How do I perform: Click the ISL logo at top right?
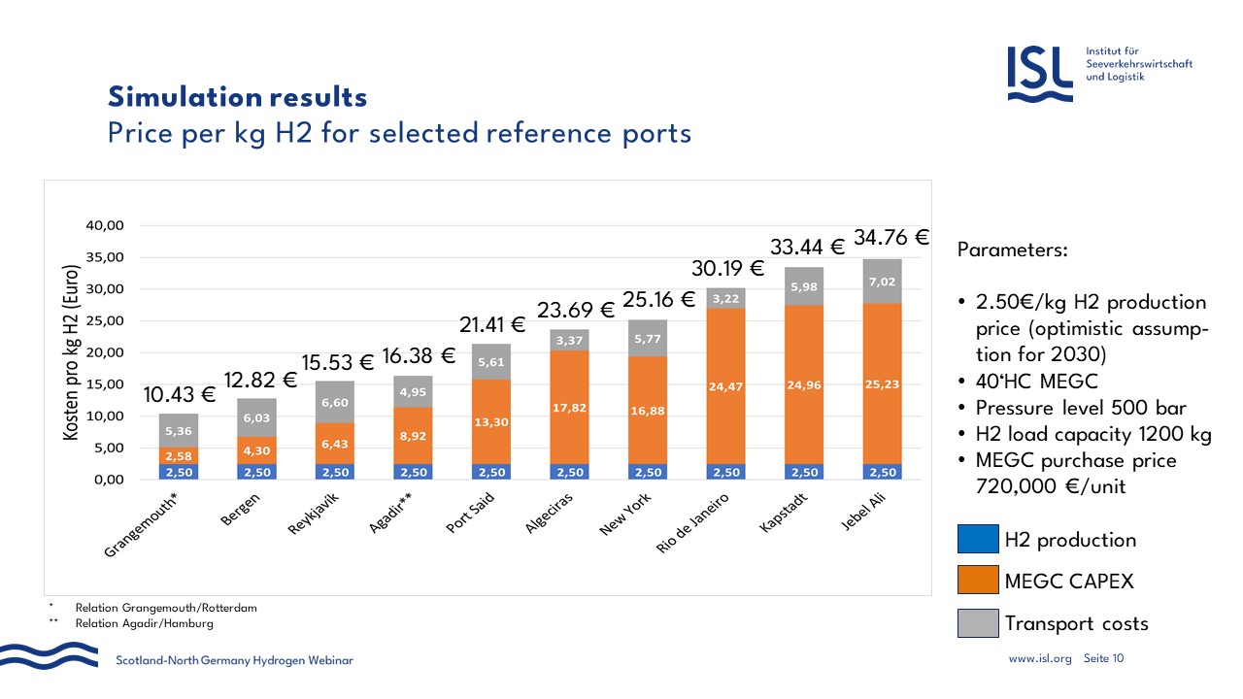(x=1040, y=75)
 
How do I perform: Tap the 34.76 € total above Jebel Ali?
(x=891, y=237)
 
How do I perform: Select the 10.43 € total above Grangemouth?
(x=180, y=394)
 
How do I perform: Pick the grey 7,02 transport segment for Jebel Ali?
(x=882, y=281)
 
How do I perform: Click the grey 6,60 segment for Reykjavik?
(x=336, y=402)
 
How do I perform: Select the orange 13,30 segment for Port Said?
(x=492, y=422)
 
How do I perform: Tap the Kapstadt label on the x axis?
(x=794, y=516)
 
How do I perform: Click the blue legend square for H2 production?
(x=976, y=540)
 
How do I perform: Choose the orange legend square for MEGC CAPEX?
(x=976, y=582)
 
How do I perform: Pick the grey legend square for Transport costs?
(x=976, y=623)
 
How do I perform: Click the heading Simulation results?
(x=237, y=97)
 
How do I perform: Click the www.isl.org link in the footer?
(x=1040, y=658)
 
